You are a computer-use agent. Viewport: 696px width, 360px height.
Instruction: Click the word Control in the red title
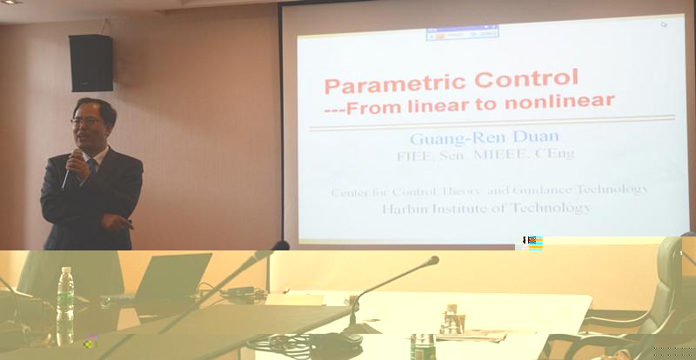[x=526, y=79]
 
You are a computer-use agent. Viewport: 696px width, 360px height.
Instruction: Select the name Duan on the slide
[x=536, y=137]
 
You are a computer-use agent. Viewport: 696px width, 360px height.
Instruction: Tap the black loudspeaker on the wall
[x=90, y=63]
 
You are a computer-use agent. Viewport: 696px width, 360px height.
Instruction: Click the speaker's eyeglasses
[x=85, y=121]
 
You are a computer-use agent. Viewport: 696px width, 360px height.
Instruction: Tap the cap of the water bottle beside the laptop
[x=66, y=270]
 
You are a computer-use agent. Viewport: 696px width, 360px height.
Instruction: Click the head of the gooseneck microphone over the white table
[x=432, y=261]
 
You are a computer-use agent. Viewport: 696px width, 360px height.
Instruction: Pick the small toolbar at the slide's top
[x=462, y=33]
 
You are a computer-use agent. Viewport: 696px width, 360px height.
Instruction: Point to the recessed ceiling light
[x=12, y=2]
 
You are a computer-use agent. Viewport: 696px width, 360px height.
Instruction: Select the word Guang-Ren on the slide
[x=458, y=139]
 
